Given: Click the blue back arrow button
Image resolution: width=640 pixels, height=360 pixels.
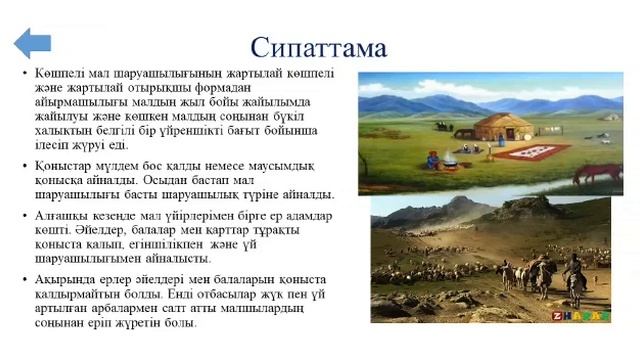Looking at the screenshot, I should point(33,43).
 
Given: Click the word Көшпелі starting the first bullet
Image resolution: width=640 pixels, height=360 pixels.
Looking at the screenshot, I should point(57,74).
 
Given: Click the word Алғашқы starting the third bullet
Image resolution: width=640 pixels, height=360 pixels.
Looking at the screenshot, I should point(62,215).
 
